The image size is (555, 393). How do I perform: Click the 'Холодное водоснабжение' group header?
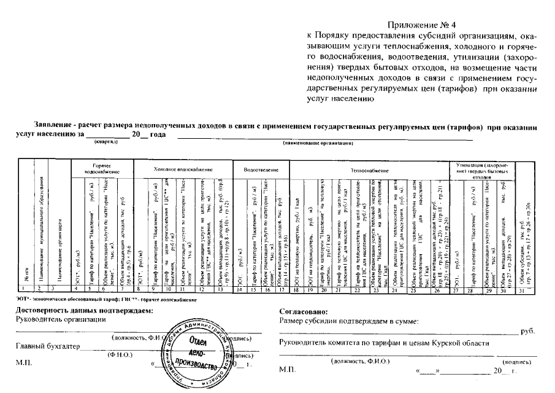(x=182, y=168)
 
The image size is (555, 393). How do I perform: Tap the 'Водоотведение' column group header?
(x=261, y=168)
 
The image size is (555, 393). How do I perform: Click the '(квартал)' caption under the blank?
(x=105, y=142)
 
